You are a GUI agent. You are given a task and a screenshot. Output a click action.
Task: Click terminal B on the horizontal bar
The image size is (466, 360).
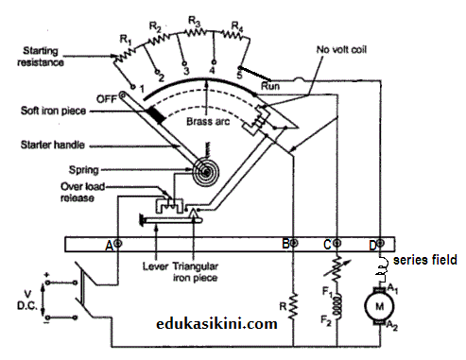(290, 245)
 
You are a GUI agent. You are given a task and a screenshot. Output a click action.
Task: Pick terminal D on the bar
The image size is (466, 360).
(379, 245)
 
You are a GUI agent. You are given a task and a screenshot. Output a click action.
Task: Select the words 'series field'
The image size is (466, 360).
(424, 260)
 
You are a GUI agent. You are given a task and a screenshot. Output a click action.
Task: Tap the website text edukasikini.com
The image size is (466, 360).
(216, 323)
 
